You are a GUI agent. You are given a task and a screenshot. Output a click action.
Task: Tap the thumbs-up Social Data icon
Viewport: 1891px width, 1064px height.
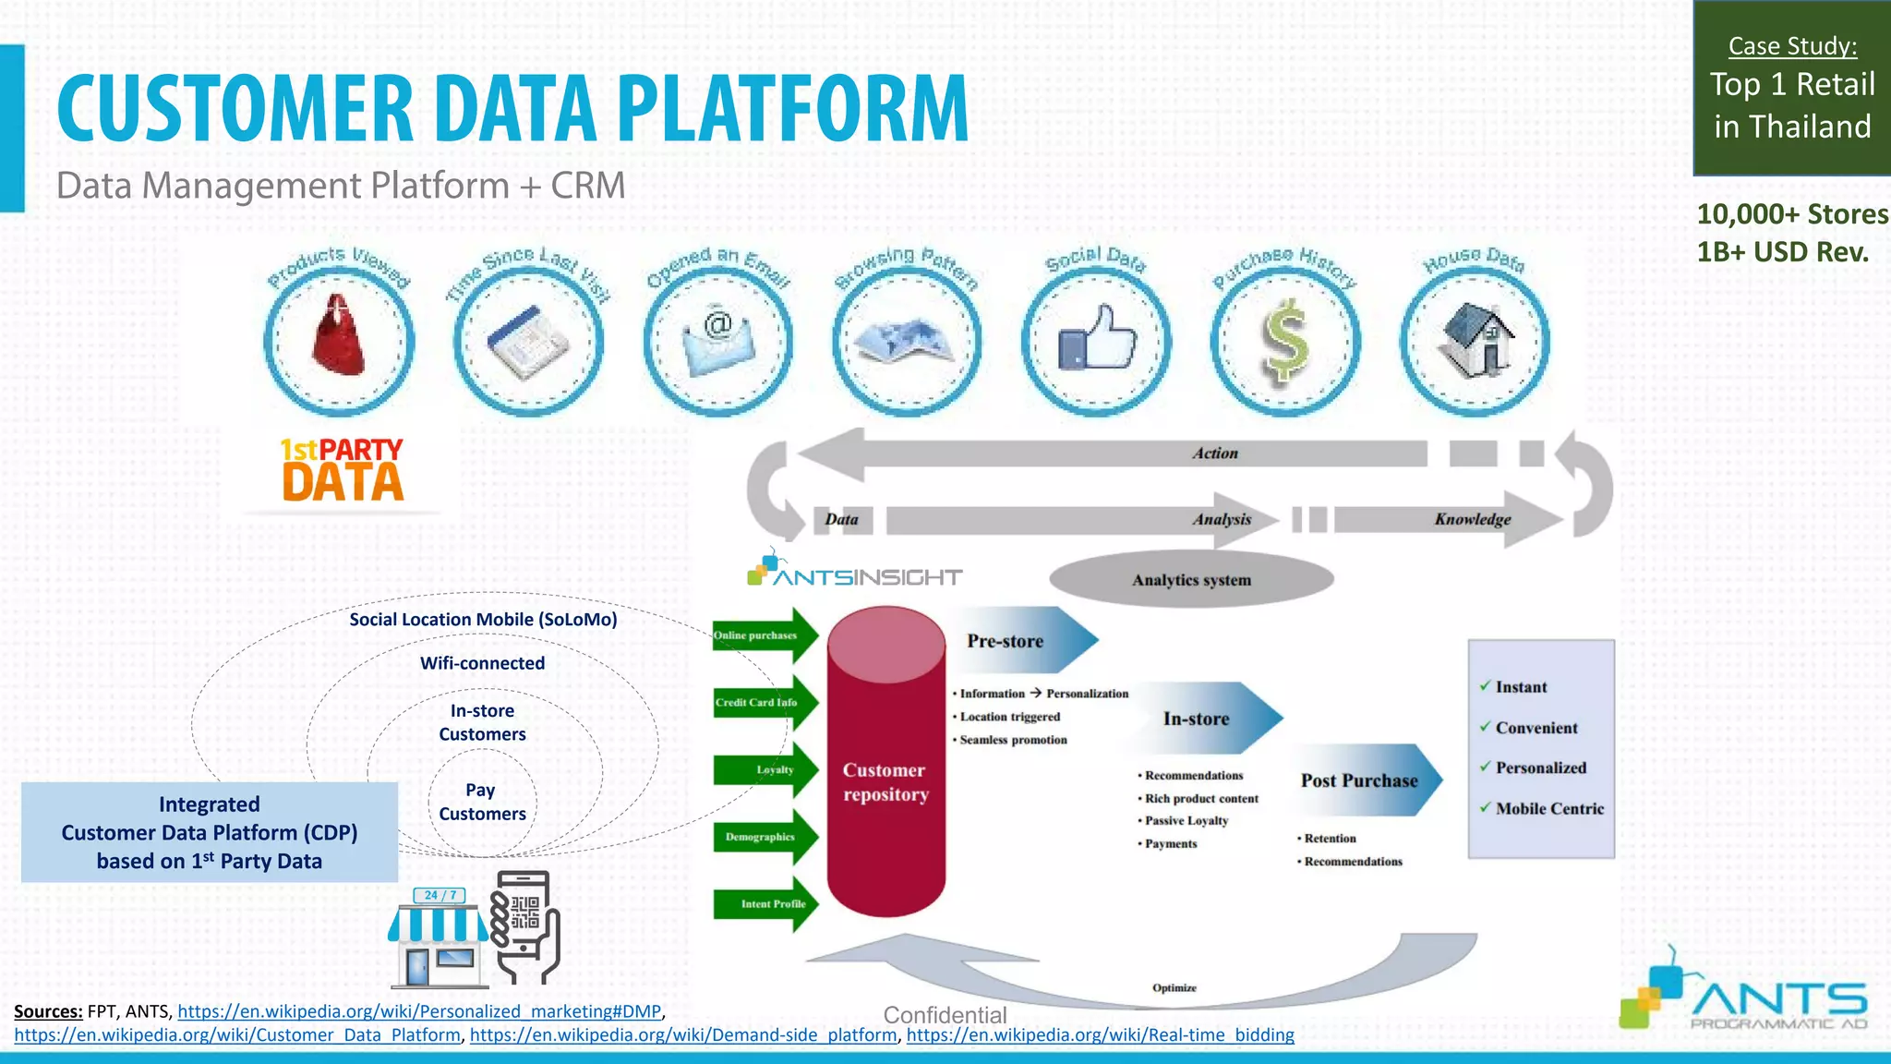tap(1096, 340)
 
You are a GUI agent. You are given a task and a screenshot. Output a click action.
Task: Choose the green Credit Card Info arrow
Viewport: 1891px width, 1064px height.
tap(763, 702)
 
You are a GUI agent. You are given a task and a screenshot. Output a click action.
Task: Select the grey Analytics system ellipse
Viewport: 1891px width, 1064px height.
tap(1191, 580)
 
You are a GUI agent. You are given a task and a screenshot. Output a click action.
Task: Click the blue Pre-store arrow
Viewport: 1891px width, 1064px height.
tap(1020, 640)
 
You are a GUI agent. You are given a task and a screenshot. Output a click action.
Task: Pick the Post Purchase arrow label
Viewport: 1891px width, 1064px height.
tap(1359, 780)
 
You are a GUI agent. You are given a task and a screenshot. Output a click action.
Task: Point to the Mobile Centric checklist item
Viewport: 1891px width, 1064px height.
tap(1549, 808)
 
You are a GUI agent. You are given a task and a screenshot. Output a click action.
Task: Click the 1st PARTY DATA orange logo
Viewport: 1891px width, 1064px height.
tap(342, 471)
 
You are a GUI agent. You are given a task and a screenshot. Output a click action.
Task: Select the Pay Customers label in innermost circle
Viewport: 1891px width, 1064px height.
tap(482, 802)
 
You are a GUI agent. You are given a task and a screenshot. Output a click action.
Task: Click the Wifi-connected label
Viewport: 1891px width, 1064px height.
tap(482, 663)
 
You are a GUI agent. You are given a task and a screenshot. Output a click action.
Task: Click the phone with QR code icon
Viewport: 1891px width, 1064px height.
tap(526, 926)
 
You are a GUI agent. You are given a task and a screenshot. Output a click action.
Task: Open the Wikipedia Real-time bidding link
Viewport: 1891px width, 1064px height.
tap(1100, 1035)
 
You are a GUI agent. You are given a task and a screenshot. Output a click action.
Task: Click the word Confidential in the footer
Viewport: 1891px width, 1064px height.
tap(945, 1015)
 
